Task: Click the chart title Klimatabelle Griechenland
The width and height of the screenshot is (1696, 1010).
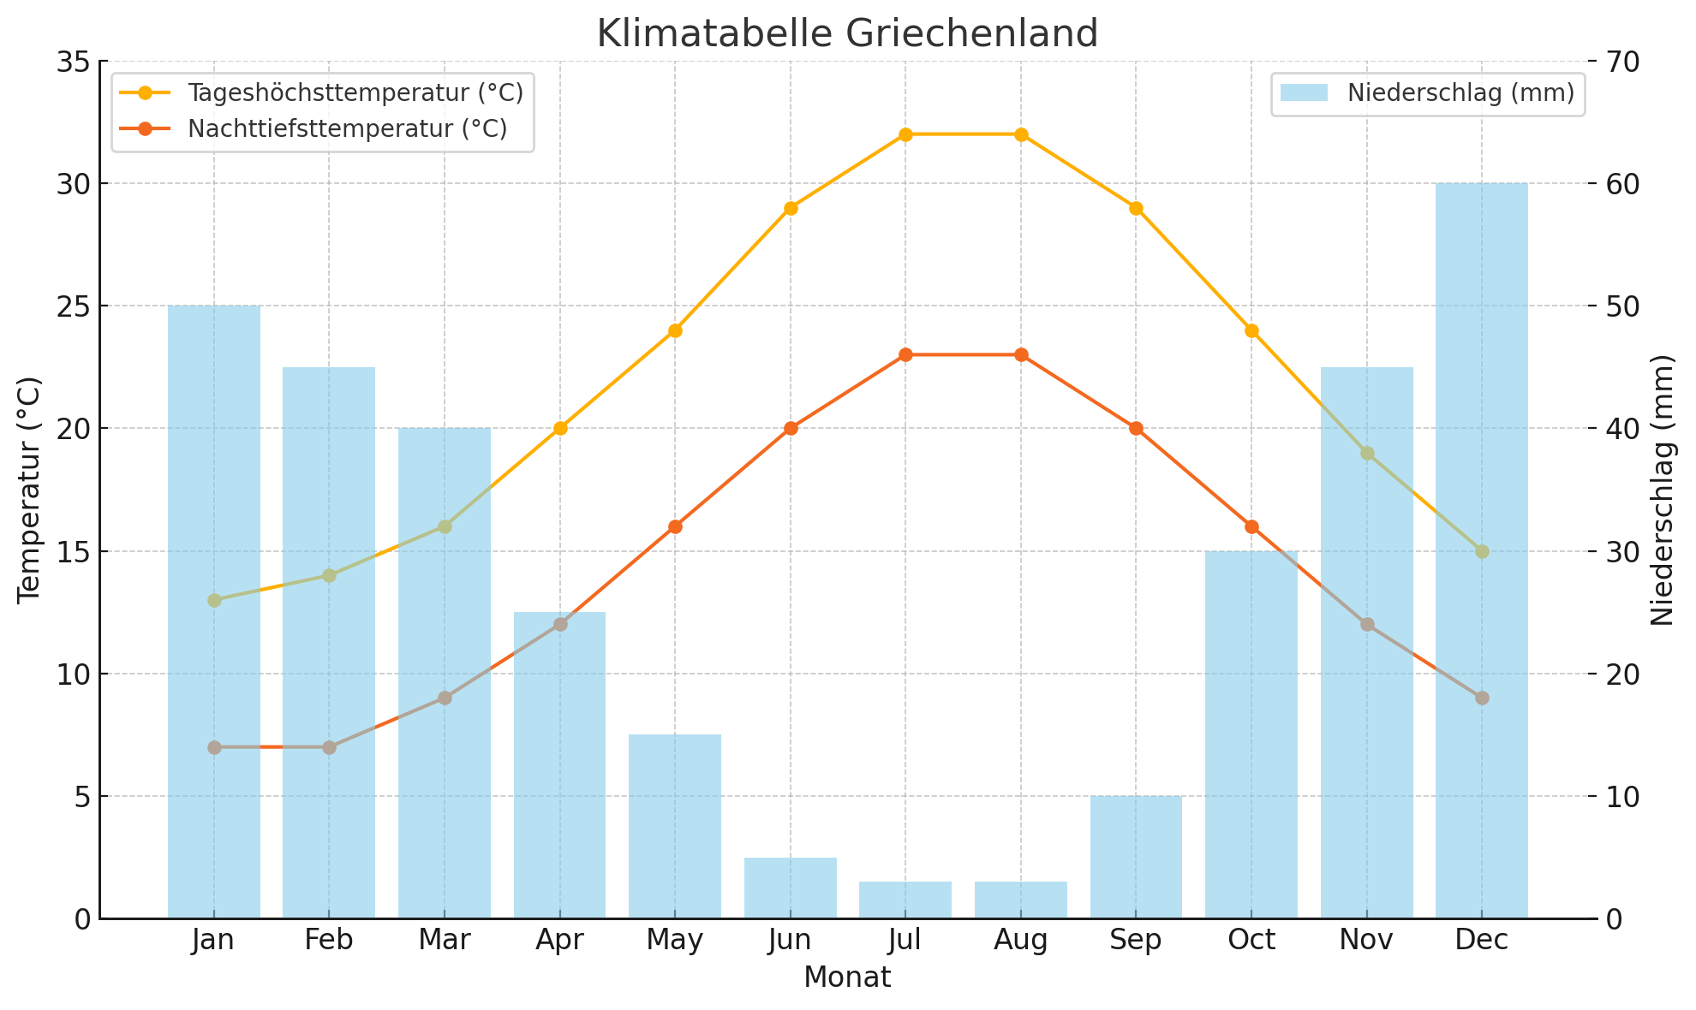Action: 846,34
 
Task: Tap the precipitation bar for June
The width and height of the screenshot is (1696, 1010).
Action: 791,888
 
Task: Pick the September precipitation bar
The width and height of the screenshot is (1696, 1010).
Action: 1136,857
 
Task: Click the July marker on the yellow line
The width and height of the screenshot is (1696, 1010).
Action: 905,134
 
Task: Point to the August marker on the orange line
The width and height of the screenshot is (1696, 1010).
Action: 1021,354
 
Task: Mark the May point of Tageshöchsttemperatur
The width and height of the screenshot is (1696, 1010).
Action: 675,330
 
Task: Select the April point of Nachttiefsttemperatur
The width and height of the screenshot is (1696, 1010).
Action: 560,624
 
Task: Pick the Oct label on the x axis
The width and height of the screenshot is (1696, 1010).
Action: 1251,941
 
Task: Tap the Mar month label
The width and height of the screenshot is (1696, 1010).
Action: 445,941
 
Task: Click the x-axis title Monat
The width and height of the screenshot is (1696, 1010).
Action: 846,977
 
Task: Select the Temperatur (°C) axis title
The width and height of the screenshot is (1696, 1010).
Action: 29,490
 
